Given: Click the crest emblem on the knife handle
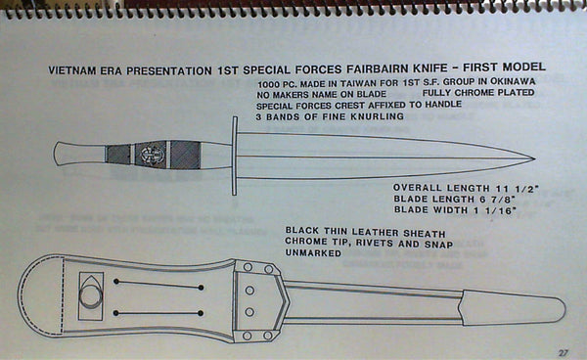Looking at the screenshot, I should coord(153,154).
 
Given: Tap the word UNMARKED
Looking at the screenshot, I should coord(314,252).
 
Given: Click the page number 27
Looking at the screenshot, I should coord(564,351).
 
